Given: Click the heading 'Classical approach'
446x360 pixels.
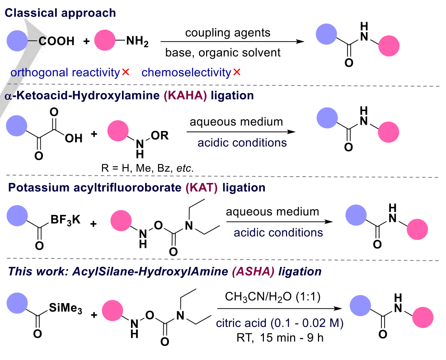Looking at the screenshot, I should (x=60, y=13).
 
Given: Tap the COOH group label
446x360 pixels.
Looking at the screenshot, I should (x=56, y=42).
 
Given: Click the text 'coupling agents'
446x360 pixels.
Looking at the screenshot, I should (x=228, y=33).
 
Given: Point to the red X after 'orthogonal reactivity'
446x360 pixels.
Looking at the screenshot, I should (x=126, y=72).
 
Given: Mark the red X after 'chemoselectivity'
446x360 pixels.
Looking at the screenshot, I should (x=236, y=72).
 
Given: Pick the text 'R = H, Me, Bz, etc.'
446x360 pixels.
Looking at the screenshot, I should (x=148, y=168).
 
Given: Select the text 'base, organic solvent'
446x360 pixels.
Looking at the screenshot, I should (x=229, y=52).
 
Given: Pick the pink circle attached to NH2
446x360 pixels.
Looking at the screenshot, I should (x=105, y=42).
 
